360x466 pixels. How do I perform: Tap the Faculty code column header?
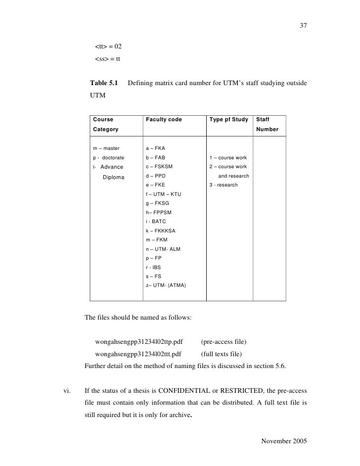(x=164, y=119)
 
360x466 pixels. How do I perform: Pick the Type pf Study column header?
(x=229, y=119)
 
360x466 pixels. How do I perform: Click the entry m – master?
(x=106, y=148)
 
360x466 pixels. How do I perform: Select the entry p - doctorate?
(x=109, y=157)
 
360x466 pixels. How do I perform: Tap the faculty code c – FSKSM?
(x=159, y=166)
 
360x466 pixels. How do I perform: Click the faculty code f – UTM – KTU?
(x=164, y=194)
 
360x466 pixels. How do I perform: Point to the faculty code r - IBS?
(x=154, y=267)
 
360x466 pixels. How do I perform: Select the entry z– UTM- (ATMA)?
(x=166, y=285)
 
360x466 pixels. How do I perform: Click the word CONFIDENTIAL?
(x=185, y=389)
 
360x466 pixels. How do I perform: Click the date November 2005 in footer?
(x=284, y=441)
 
